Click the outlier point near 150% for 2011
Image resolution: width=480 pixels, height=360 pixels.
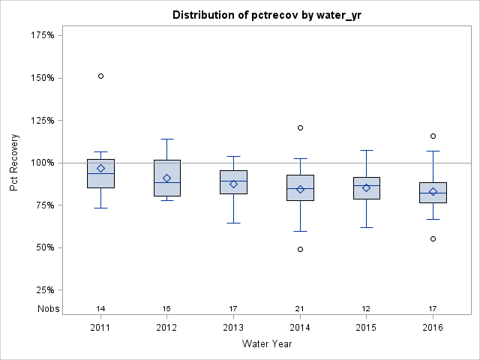point(100,76)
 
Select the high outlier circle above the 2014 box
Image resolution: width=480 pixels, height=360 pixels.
point(300,127)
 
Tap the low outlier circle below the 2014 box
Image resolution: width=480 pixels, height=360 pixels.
point(300,249)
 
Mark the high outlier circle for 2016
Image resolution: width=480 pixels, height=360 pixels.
point(433,136)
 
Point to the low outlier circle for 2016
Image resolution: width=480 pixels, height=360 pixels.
point(433,238)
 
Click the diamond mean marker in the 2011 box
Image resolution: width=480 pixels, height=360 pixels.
point(100,168)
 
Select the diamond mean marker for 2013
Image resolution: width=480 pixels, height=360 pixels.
point(233,184)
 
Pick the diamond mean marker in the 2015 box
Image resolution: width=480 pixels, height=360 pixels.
point(366,187)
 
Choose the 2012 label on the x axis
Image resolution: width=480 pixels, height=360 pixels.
point(167,328)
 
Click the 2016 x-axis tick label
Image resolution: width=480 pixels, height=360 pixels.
point(433,328)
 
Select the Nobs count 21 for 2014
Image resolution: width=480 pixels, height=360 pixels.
point(300,308)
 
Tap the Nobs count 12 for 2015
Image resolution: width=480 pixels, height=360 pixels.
point(366,308)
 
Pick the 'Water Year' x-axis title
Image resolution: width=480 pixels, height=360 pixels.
point(266,344)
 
